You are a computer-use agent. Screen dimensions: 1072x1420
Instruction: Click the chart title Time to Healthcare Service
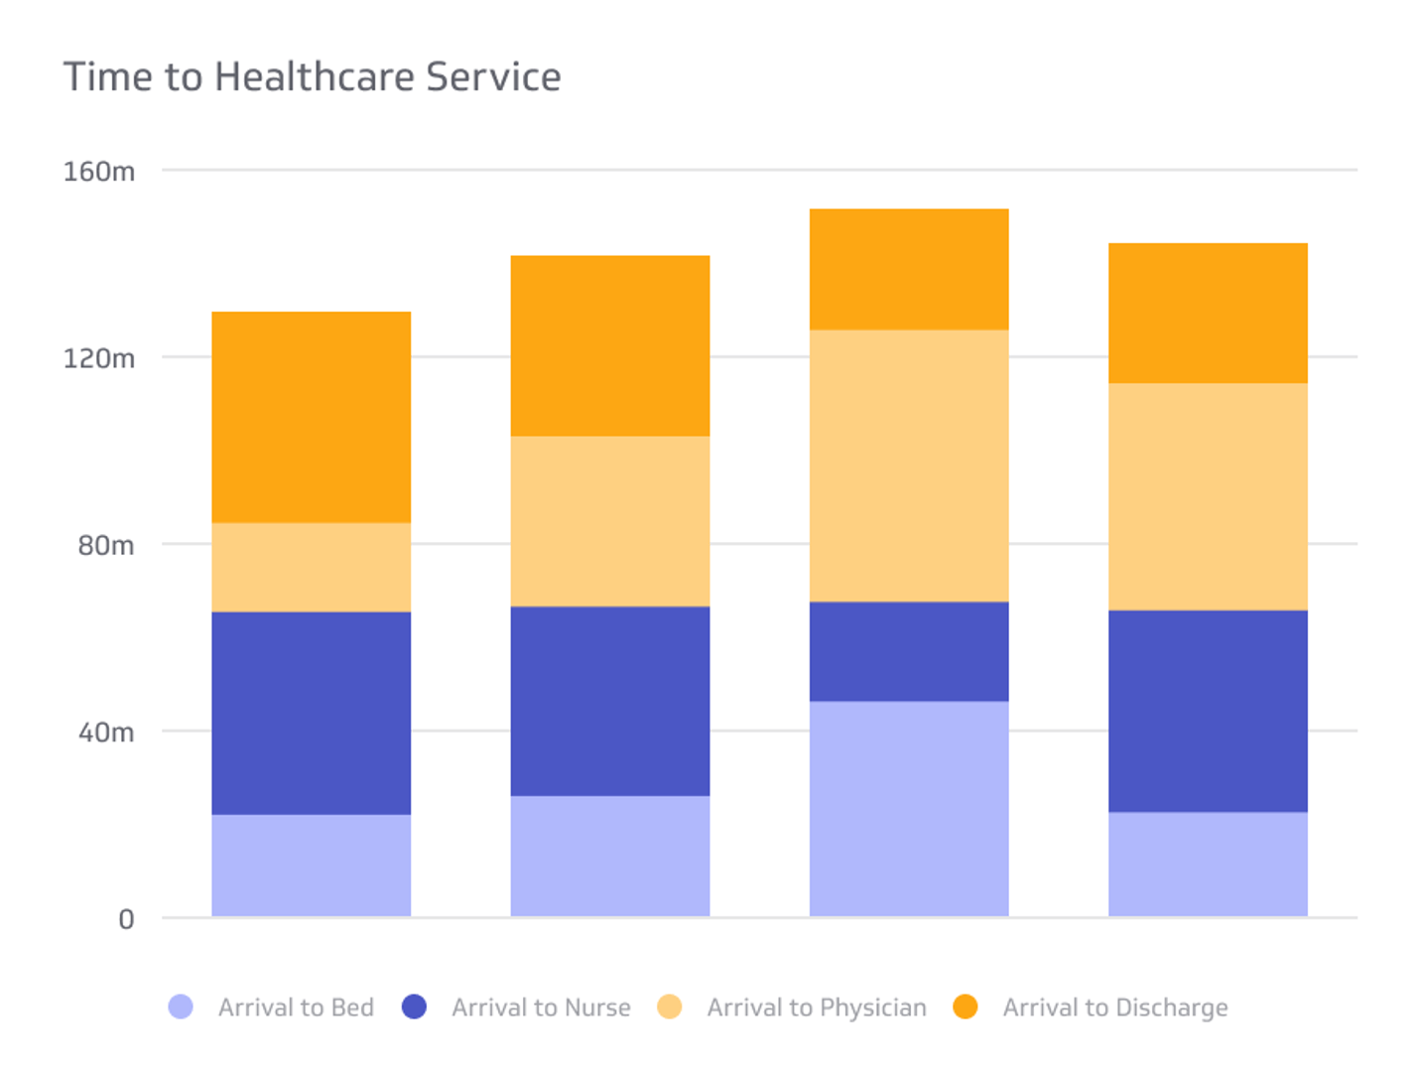coord(312,77)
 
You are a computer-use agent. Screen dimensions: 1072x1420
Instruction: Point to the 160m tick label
coord(99,172)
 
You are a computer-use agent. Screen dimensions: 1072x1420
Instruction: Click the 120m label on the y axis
coord(99,358)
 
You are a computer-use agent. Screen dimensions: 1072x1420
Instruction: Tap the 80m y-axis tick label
coord(105,545)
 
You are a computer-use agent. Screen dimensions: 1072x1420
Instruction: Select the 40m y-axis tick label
coord(105,733)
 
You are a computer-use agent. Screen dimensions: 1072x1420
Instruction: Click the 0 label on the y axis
coord(126,919)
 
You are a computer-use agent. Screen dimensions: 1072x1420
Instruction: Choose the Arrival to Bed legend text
coord(296,1007)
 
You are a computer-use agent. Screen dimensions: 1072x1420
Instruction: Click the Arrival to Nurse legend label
coord(541,1007)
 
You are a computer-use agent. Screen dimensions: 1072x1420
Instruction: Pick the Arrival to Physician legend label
coord(816,1007)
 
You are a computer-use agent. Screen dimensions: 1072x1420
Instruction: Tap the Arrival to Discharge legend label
coord(1114,1007)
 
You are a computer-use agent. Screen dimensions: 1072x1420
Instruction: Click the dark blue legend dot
coord(415,1006)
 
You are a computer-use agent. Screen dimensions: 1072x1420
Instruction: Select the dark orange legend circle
coord(966,1006)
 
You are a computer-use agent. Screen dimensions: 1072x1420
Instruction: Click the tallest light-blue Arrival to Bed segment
coord(909,809)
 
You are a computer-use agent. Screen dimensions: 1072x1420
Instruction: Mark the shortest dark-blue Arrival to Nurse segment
coord(909,651)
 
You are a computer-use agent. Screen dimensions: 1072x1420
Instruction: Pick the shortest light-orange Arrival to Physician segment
coord(312,567)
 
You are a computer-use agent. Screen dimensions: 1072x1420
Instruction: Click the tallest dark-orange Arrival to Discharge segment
coord(312,417)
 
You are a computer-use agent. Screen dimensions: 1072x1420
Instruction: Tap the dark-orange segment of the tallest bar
coord(909,269)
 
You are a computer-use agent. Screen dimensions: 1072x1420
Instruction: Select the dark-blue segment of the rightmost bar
coord(1208,711)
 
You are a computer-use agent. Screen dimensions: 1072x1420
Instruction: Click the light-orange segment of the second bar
coord(610,521)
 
